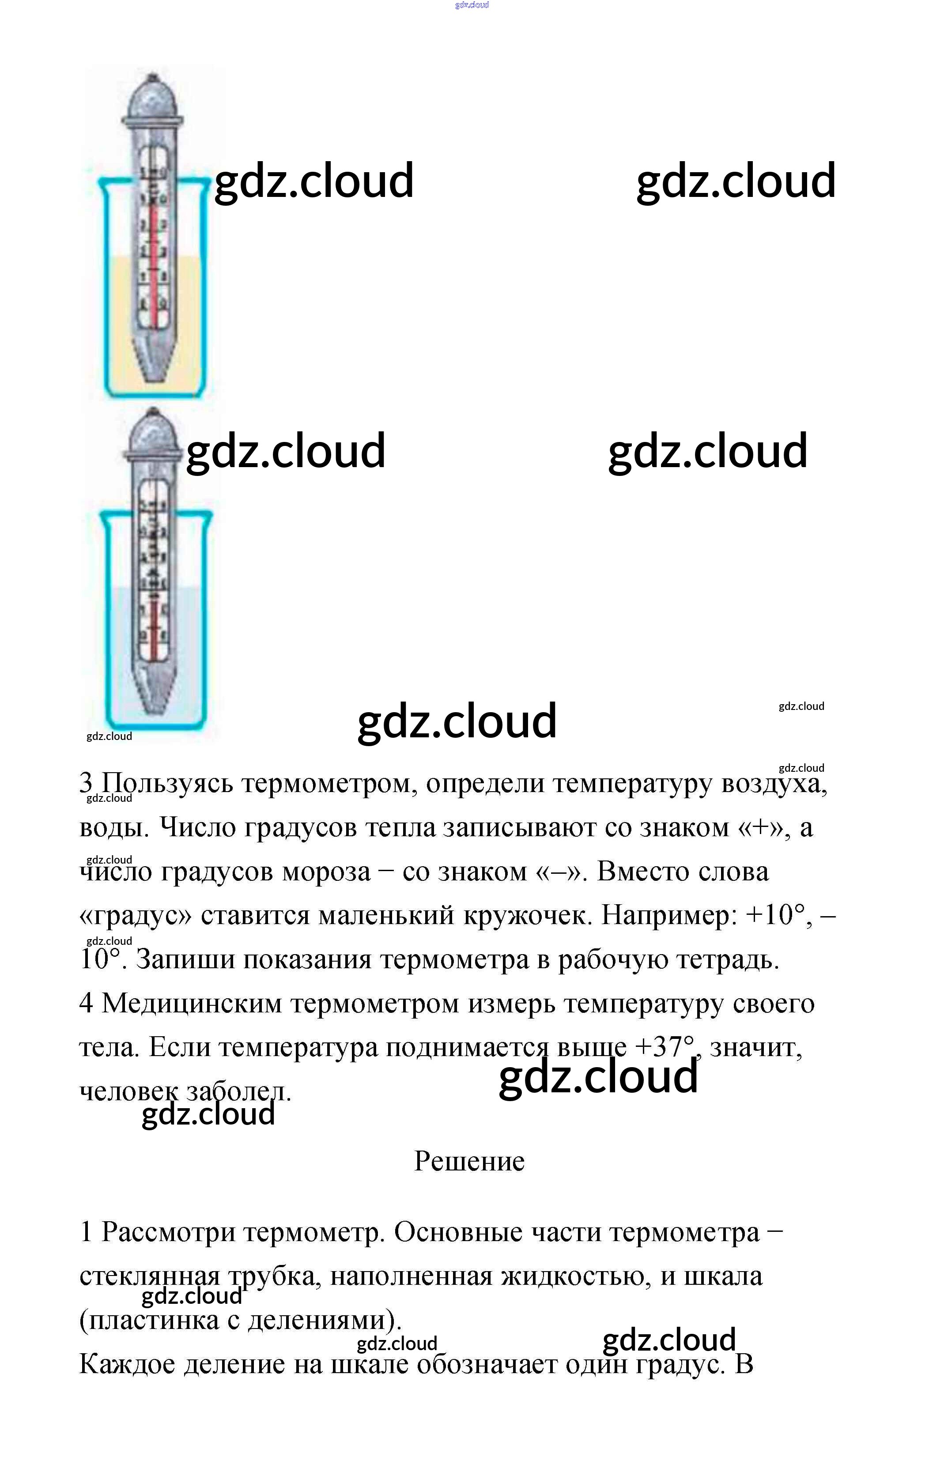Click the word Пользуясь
pyautogui.click(x=166, y=784)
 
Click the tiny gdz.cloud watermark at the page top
pyautogui.click(x=472, y=5)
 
